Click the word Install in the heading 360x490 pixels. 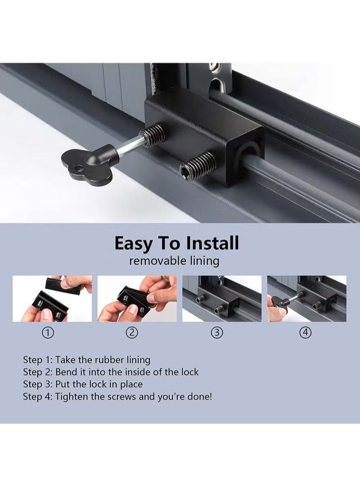coord(212,243)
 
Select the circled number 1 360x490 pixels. coord(48,333)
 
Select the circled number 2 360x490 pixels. coord(132,333)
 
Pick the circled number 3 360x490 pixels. coord(217,333)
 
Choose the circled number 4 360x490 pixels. coord(306,333)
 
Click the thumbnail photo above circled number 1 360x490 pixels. coord(52,298)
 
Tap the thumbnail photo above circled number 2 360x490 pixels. coord(137,298)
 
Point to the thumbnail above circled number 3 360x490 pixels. coord(222,298)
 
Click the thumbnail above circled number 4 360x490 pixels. coord(306,298)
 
